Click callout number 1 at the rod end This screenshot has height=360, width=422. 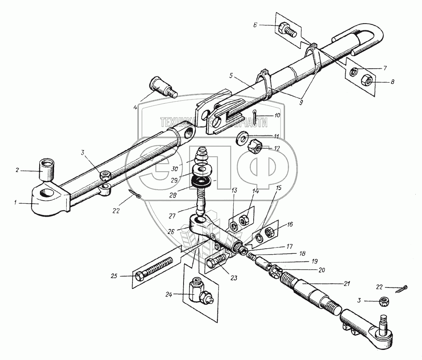tap(16, 203)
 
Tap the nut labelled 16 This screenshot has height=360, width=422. tap(269, 231)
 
